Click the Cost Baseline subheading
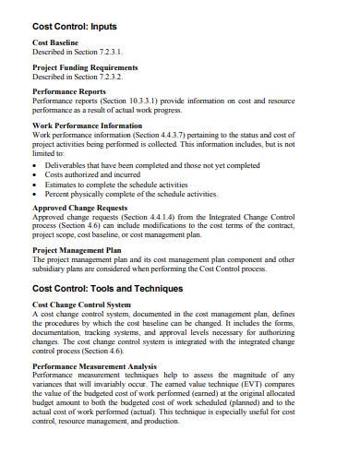(55, 43)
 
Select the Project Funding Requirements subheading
(85, 67)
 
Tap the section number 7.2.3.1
(105, 53)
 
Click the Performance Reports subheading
(68, 92)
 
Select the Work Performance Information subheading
(87, 125)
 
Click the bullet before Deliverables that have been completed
(35, 165)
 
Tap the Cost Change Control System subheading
(81, 305)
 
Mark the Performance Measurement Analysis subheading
(94, 366)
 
